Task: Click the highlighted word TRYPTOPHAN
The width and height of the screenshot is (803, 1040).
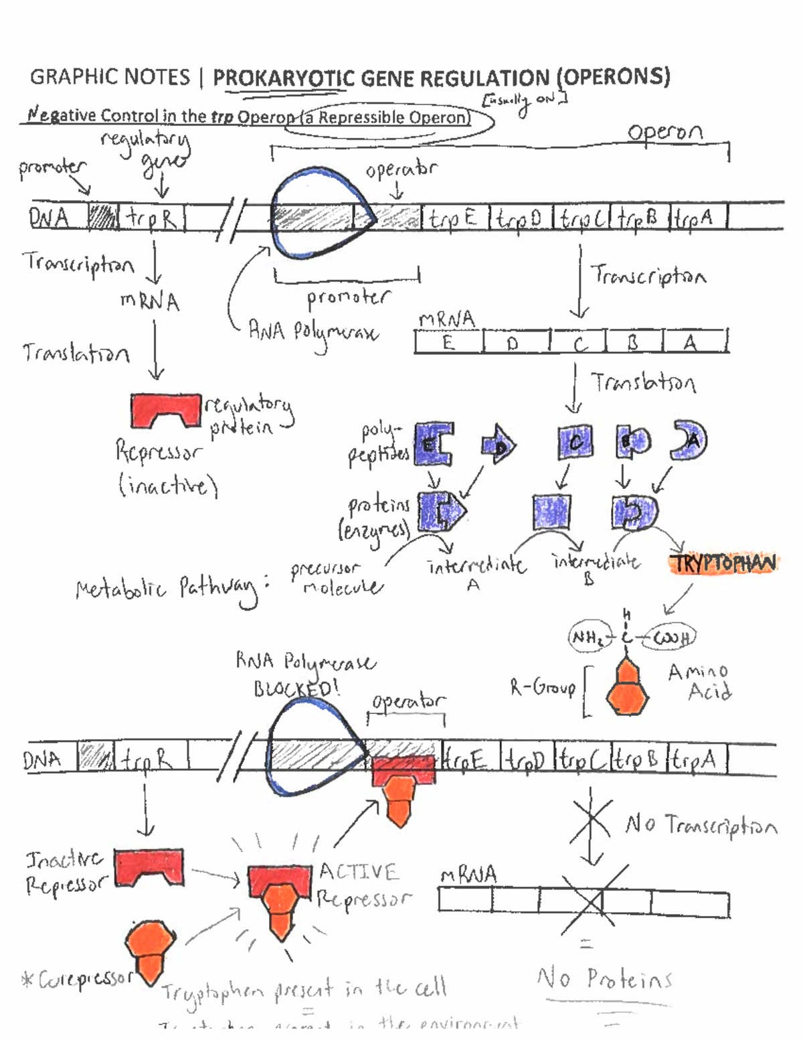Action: coord(723,563)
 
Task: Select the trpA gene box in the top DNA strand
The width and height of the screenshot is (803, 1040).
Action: coord(696,218)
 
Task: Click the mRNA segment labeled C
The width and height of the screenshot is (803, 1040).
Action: coord(578,343)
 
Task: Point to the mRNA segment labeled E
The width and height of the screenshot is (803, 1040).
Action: coord(448,343)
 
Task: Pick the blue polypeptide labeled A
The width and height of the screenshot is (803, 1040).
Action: coord(689,440)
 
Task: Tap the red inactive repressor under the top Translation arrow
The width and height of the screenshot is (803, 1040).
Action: coord(165,410)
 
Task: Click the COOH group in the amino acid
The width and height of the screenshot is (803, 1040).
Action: coord(671,638)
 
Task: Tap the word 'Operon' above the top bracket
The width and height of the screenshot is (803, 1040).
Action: coord(664,132)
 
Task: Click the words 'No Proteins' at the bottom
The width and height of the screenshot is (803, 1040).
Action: coord(604,979)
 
